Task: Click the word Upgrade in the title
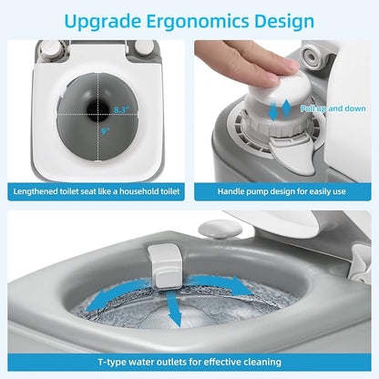(x=103, y=22)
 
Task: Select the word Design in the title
(x=284, y=22)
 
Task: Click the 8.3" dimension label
(x=122, y=109)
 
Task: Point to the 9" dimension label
(x=106, y=131)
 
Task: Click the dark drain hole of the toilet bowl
(x=97, y=110)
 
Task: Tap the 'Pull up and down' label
(x=333, y=108)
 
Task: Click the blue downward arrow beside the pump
(x=272, y=111)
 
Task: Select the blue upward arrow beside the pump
(x=286, y=109)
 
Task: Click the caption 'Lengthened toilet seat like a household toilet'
(x=97, y=191)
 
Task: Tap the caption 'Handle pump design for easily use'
(x=282, y=191)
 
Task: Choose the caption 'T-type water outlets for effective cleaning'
(x=189, y=362)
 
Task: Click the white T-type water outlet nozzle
(x=165, y=266)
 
